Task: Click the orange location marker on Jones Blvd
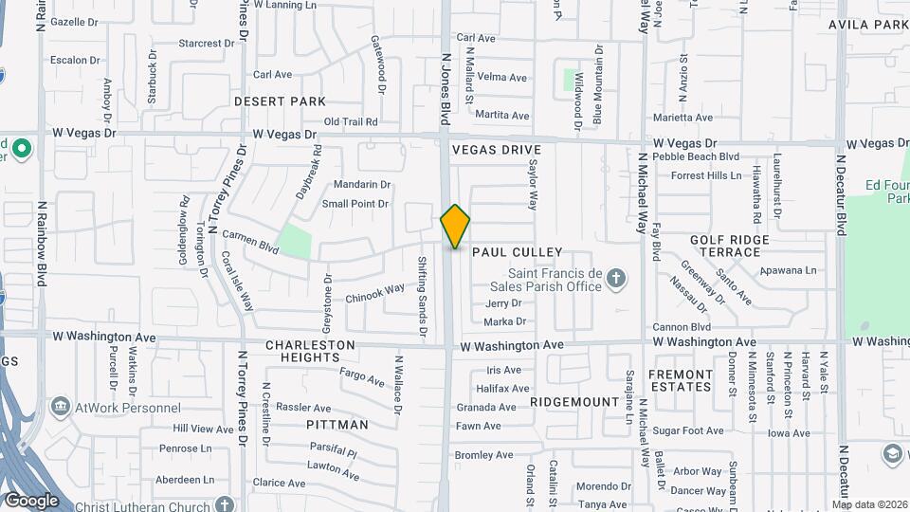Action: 455,226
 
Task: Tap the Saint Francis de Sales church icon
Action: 616,278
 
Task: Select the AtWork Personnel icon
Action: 61,407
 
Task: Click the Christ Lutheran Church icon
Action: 224,504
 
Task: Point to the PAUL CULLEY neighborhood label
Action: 517,252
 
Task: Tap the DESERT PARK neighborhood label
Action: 280,101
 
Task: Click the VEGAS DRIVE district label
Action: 496,150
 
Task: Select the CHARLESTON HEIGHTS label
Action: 311,351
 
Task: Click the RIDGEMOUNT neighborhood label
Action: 574,402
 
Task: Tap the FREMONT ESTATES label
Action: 680,380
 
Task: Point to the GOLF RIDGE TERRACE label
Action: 738,246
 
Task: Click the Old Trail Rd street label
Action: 351,121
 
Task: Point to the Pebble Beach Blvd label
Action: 703,156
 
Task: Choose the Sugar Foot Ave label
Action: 688,430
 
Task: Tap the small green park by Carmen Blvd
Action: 295,241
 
